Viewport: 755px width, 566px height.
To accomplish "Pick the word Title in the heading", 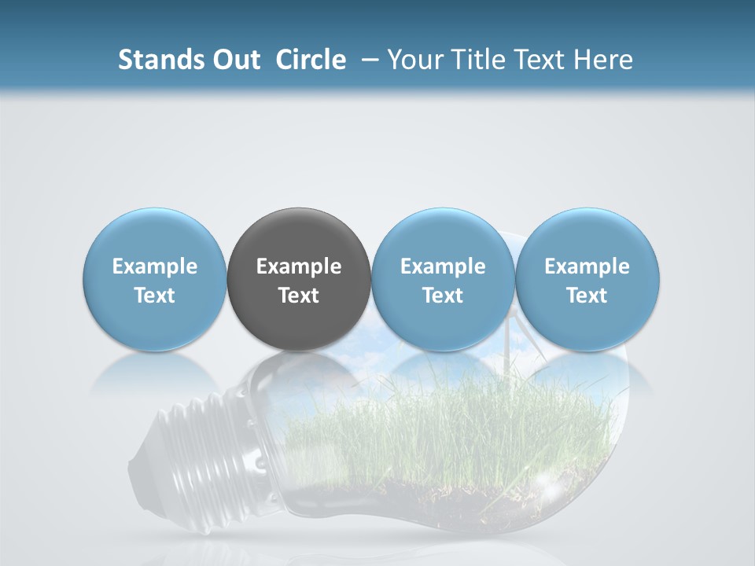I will (476, 60).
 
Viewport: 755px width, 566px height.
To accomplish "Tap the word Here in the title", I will (604, 60).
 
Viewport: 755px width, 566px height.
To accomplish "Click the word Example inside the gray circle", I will (299, 266).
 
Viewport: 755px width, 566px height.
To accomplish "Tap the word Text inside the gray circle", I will (299, 296).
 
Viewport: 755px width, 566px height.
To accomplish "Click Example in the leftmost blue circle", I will (155, 266).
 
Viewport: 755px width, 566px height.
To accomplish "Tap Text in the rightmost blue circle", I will (587, 296).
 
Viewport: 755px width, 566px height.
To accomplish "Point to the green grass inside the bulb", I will (440, 424).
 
